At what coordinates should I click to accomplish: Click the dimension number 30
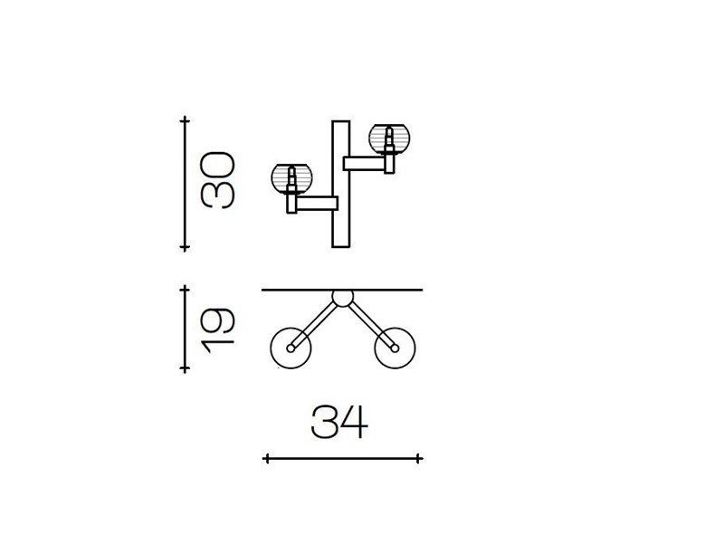point(218,180)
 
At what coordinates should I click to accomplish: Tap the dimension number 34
point(340,422)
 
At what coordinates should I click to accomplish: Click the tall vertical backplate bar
point(341,185)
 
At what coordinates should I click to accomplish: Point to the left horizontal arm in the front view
point(318,203)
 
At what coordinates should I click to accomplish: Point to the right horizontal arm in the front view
point(365,163)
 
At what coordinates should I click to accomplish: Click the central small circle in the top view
point(342,298)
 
